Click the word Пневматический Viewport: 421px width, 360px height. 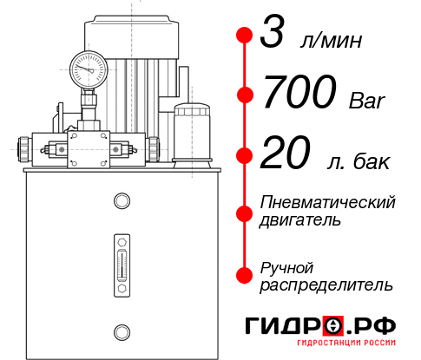(328, 202)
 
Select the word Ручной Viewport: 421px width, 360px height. (286, 265)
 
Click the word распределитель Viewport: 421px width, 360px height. (326, 284)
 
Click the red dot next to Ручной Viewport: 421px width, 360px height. (245, 273)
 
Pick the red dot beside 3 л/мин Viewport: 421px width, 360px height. (245, 36)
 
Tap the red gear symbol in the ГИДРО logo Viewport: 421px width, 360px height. (334, 325)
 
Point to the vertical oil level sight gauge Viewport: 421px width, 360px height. (121, 259)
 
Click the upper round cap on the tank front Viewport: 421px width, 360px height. (121, 202)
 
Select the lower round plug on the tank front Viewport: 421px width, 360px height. (121, 330)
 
